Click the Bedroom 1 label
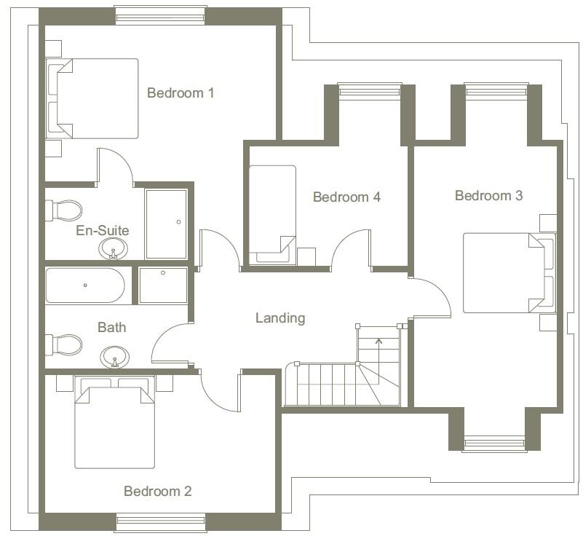181,93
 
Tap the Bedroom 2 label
157,492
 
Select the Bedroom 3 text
488,196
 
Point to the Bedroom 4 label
346,197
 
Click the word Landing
280,318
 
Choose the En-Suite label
103,231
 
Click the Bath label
111,328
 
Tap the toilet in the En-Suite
64,210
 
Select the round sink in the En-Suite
112,250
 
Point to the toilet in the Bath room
64,344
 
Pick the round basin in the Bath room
113,358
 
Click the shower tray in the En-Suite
166,224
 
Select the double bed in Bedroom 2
115,426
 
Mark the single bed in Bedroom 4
272,214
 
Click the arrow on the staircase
378,345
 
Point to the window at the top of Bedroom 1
161,15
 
